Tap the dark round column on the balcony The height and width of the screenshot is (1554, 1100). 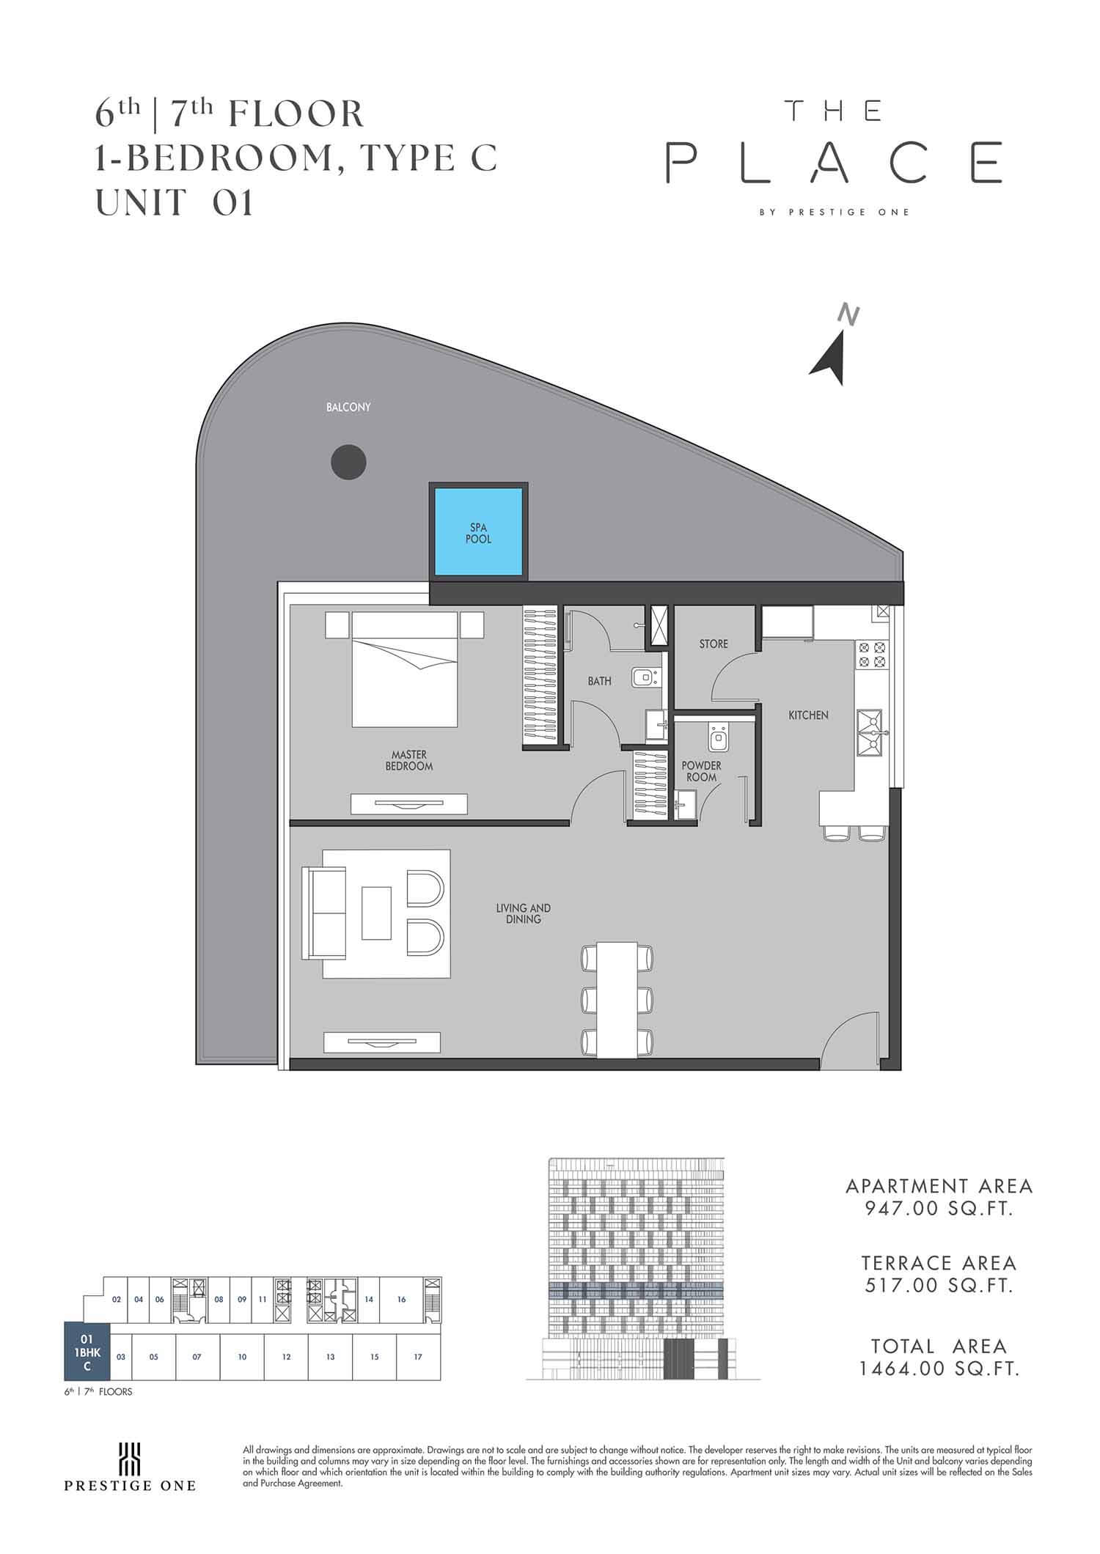tap(348, 462)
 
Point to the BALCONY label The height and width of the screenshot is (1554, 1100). tap(348, 407)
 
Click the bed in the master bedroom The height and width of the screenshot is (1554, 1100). tap(405, 670)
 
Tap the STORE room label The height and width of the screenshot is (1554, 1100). tap(714, 644)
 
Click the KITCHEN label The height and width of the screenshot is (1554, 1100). tap(808, 715)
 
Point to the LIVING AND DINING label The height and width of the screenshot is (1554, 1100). tap(523, 913)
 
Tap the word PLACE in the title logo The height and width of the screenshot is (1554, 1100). tap(834, 162)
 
